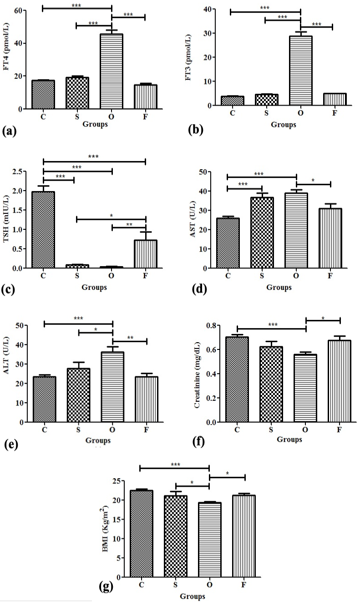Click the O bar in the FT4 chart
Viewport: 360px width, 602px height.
click(x=112, y=71)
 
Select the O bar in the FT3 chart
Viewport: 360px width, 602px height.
click(x=300, y=71)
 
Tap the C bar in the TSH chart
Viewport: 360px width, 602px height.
click(x=43, y=229)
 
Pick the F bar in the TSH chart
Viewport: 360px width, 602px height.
click(x=146, y=254)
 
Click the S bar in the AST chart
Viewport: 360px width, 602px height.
click(x=262, y=233)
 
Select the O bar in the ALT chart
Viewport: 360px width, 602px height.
click(x=112, y=387)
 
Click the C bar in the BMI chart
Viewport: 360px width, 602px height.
click(x=142, y=533)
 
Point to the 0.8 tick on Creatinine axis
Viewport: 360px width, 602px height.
click(x=212, y=325)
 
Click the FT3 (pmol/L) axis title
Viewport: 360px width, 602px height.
click(x=188, y=57)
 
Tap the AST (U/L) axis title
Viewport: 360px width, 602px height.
click(x=193, y=219)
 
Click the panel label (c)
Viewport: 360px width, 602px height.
click(x=8, y=290)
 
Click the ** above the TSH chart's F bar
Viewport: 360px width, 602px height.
click(x=129, y=224)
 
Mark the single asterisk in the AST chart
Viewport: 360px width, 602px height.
click(x=313, y=180)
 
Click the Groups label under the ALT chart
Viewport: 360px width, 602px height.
click(x=98, y=440)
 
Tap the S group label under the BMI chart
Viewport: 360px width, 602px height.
click(x=175, y=585)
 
